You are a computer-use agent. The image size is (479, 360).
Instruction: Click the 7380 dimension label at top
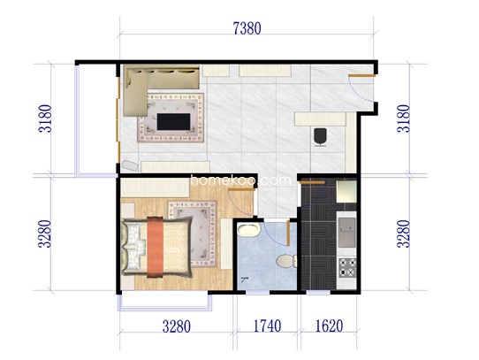pos(247,29)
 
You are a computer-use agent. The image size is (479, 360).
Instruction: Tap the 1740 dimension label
pos(267,326)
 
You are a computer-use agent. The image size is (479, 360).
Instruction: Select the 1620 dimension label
pos(329,326)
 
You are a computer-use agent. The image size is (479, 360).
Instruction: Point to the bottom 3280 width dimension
pos(176,326)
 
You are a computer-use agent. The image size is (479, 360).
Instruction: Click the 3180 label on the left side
pos(45,119)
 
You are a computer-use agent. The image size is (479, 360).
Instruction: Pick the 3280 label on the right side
pos(403,234)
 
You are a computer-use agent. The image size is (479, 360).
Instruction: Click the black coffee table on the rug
pos(173,122)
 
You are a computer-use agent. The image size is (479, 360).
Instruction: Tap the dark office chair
pos(320,137)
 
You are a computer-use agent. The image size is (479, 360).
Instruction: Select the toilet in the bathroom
pos(286,261)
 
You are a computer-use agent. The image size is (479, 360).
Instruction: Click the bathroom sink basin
pos(248,229)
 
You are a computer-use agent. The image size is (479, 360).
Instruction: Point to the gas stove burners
pos(347,268)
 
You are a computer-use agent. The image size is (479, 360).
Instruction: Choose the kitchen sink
pos(346,233)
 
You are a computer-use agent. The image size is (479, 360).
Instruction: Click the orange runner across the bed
pos(156,247)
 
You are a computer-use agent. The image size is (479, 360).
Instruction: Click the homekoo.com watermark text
pos(240,180)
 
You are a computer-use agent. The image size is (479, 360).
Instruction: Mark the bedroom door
pos(241,190)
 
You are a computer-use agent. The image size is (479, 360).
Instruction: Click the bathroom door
pos(288,233)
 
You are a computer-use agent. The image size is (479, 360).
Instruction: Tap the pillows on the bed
pos(133,247)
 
